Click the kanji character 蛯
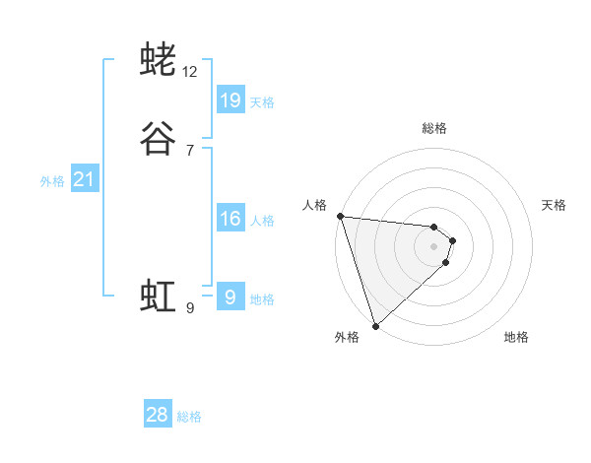click(158, 60)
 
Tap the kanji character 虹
click(158, 295)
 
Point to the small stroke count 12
click(190, 72)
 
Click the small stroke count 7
click(190, 151)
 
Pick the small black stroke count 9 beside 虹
click(190, 307)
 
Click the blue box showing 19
click(230, 100)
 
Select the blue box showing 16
click(230, 219)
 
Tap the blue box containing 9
click(230, 298)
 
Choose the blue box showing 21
click(84, 179)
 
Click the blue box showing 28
click(158, 415)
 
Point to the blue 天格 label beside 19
click(262, 101)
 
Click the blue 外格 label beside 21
click(52, 180)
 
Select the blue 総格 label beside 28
click(189, 417)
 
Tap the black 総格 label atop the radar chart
click(434, 128)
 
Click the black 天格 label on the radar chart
click(554, 205)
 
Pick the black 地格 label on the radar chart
click(516, 337)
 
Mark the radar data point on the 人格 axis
click(340, 216)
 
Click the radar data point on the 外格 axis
click(375, 325)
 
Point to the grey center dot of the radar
click(433, 245)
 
